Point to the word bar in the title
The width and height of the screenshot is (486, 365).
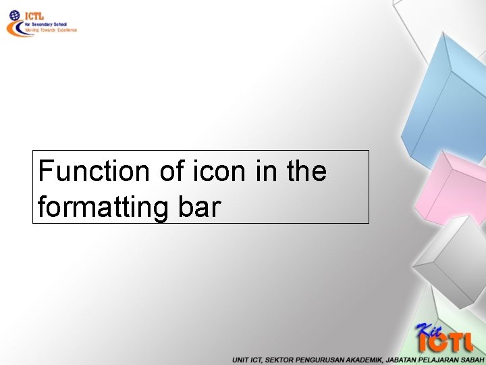click(199, 207)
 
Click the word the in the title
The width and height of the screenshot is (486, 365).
click(306, 172)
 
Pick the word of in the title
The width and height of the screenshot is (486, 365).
click(170, 172)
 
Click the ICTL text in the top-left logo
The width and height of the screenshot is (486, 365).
click(34, 16)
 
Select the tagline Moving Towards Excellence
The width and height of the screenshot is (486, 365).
click(51, 30)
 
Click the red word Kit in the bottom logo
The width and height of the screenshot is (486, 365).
click(430, 331)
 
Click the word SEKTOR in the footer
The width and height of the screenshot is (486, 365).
click(279, 360)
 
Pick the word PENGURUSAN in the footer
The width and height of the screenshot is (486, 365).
click(317, 360)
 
